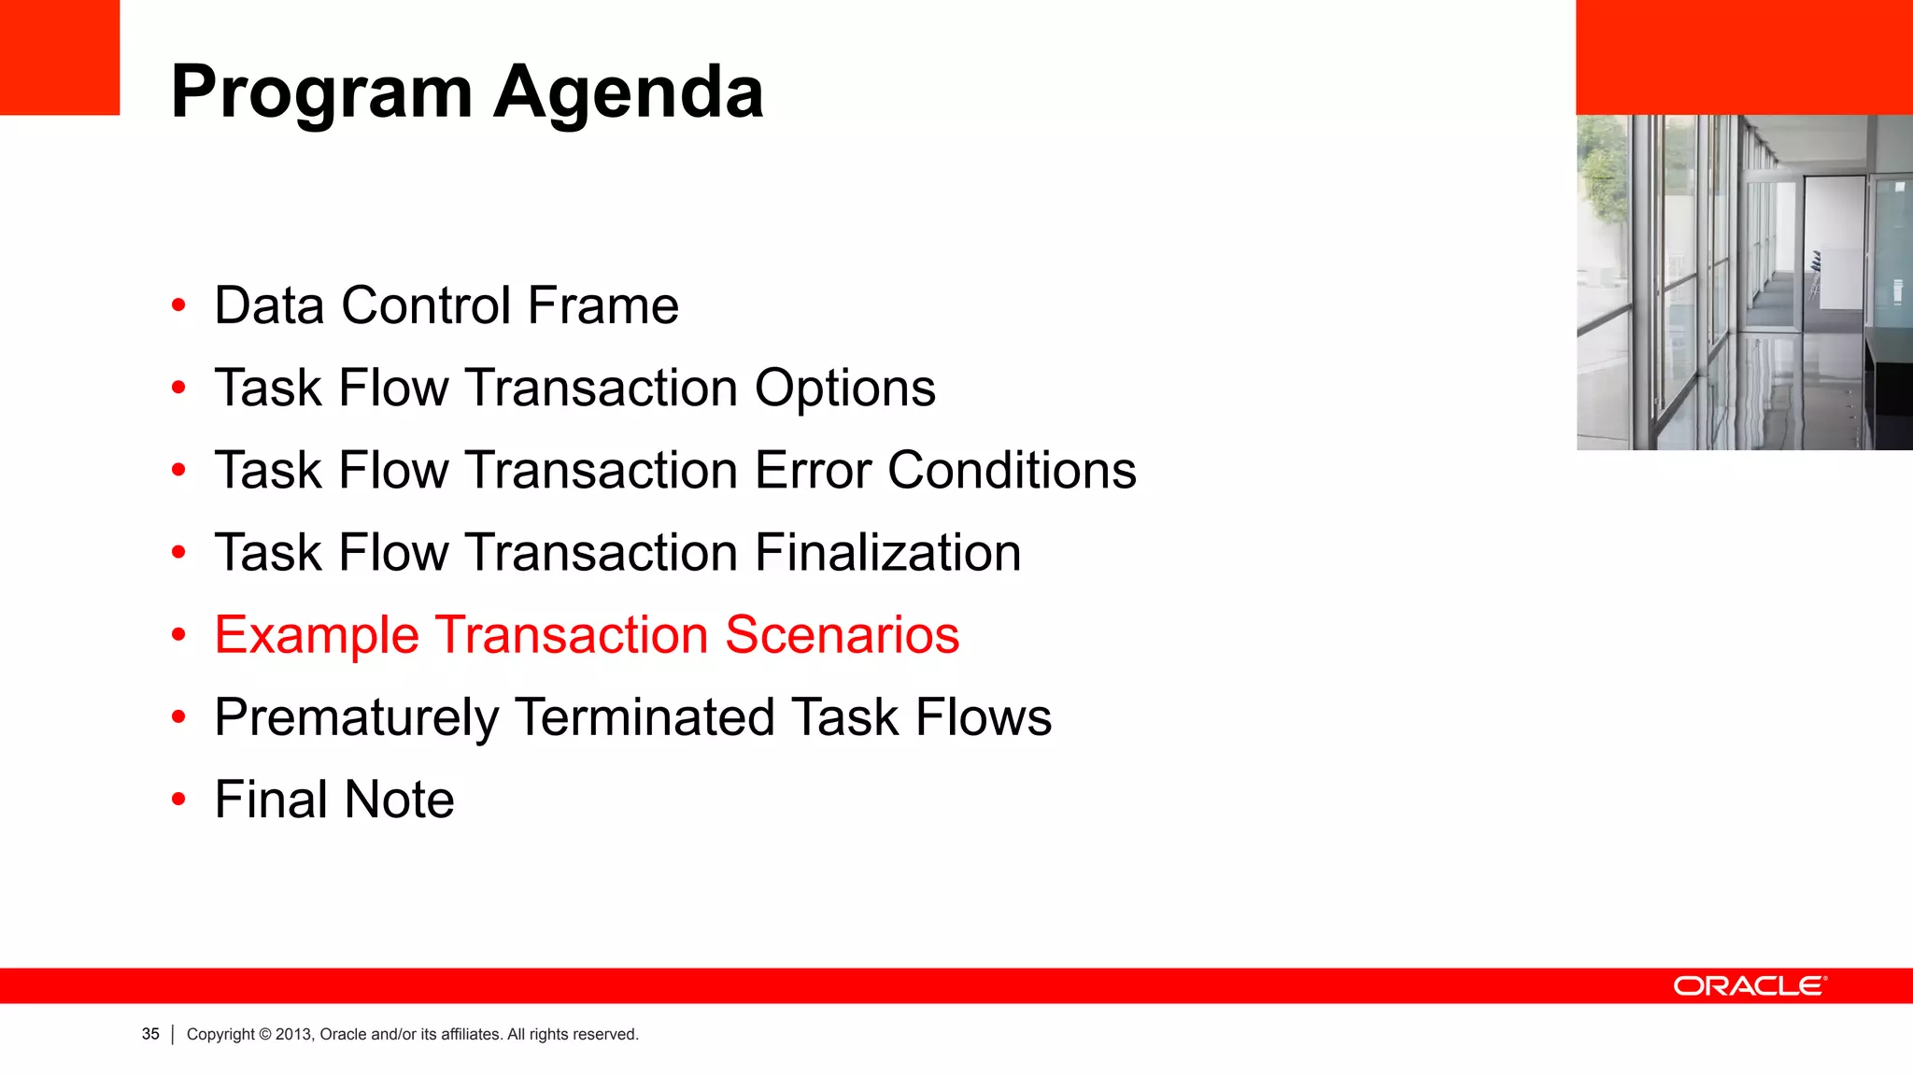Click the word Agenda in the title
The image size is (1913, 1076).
[628, 93]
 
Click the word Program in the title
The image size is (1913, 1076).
[322, 93]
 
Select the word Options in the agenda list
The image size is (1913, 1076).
[844, 388]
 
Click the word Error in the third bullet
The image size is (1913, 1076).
[813, 470]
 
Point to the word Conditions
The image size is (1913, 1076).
[1012, 470]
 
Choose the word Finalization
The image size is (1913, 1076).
[887, 552]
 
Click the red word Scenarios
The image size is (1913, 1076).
[842, 635]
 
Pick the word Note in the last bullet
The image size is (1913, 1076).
[399, 800]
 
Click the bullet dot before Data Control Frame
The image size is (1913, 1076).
[178, 305]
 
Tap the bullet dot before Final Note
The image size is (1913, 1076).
[178, 800]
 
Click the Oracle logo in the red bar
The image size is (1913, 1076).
[1750, 986]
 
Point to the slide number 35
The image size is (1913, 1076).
[150, 1034]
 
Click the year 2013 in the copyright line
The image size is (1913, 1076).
[293, 1034]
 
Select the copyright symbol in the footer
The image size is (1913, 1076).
[265, 1034]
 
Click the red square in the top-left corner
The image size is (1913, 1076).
[59, 56]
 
